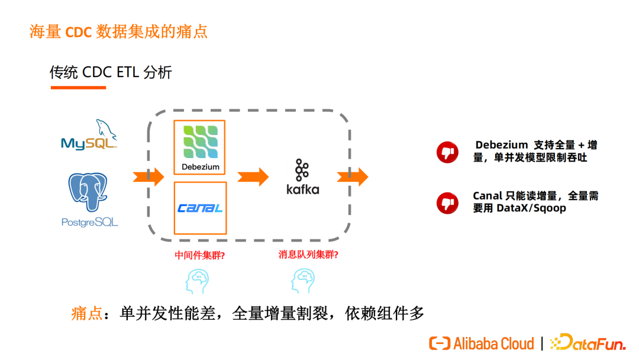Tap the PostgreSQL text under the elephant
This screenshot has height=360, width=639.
pos(90,222)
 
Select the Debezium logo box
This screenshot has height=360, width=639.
pos(200,147)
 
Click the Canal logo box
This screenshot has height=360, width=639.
pos(200,208)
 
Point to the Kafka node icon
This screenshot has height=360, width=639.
pos(302,169)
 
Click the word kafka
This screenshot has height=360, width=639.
pos(303,189)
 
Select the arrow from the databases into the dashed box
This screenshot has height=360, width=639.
pos(149,177)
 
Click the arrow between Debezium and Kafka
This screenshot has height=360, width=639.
pos(253,177)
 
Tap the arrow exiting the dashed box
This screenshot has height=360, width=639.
pos(353,177)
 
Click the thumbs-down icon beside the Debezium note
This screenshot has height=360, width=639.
pos(447,152)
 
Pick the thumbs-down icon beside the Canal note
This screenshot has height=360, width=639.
pos(447,203)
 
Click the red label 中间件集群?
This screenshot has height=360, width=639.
pos(200,255)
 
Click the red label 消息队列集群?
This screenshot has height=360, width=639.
pos(308,255)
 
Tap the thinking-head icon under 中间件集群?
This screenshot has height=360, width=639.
pos(197,281)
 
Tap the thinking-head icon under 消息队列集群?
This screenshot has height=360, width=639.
pos(303,281)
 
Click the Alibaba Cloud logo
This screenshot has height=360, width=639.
pos(481,343)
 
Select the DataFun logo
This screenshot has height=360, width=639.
pos(588,342)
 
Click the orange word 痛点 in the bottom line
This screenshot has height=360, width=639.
pos(87,314)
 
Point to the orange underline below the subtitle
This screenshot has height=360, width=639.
pos(78,87)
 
